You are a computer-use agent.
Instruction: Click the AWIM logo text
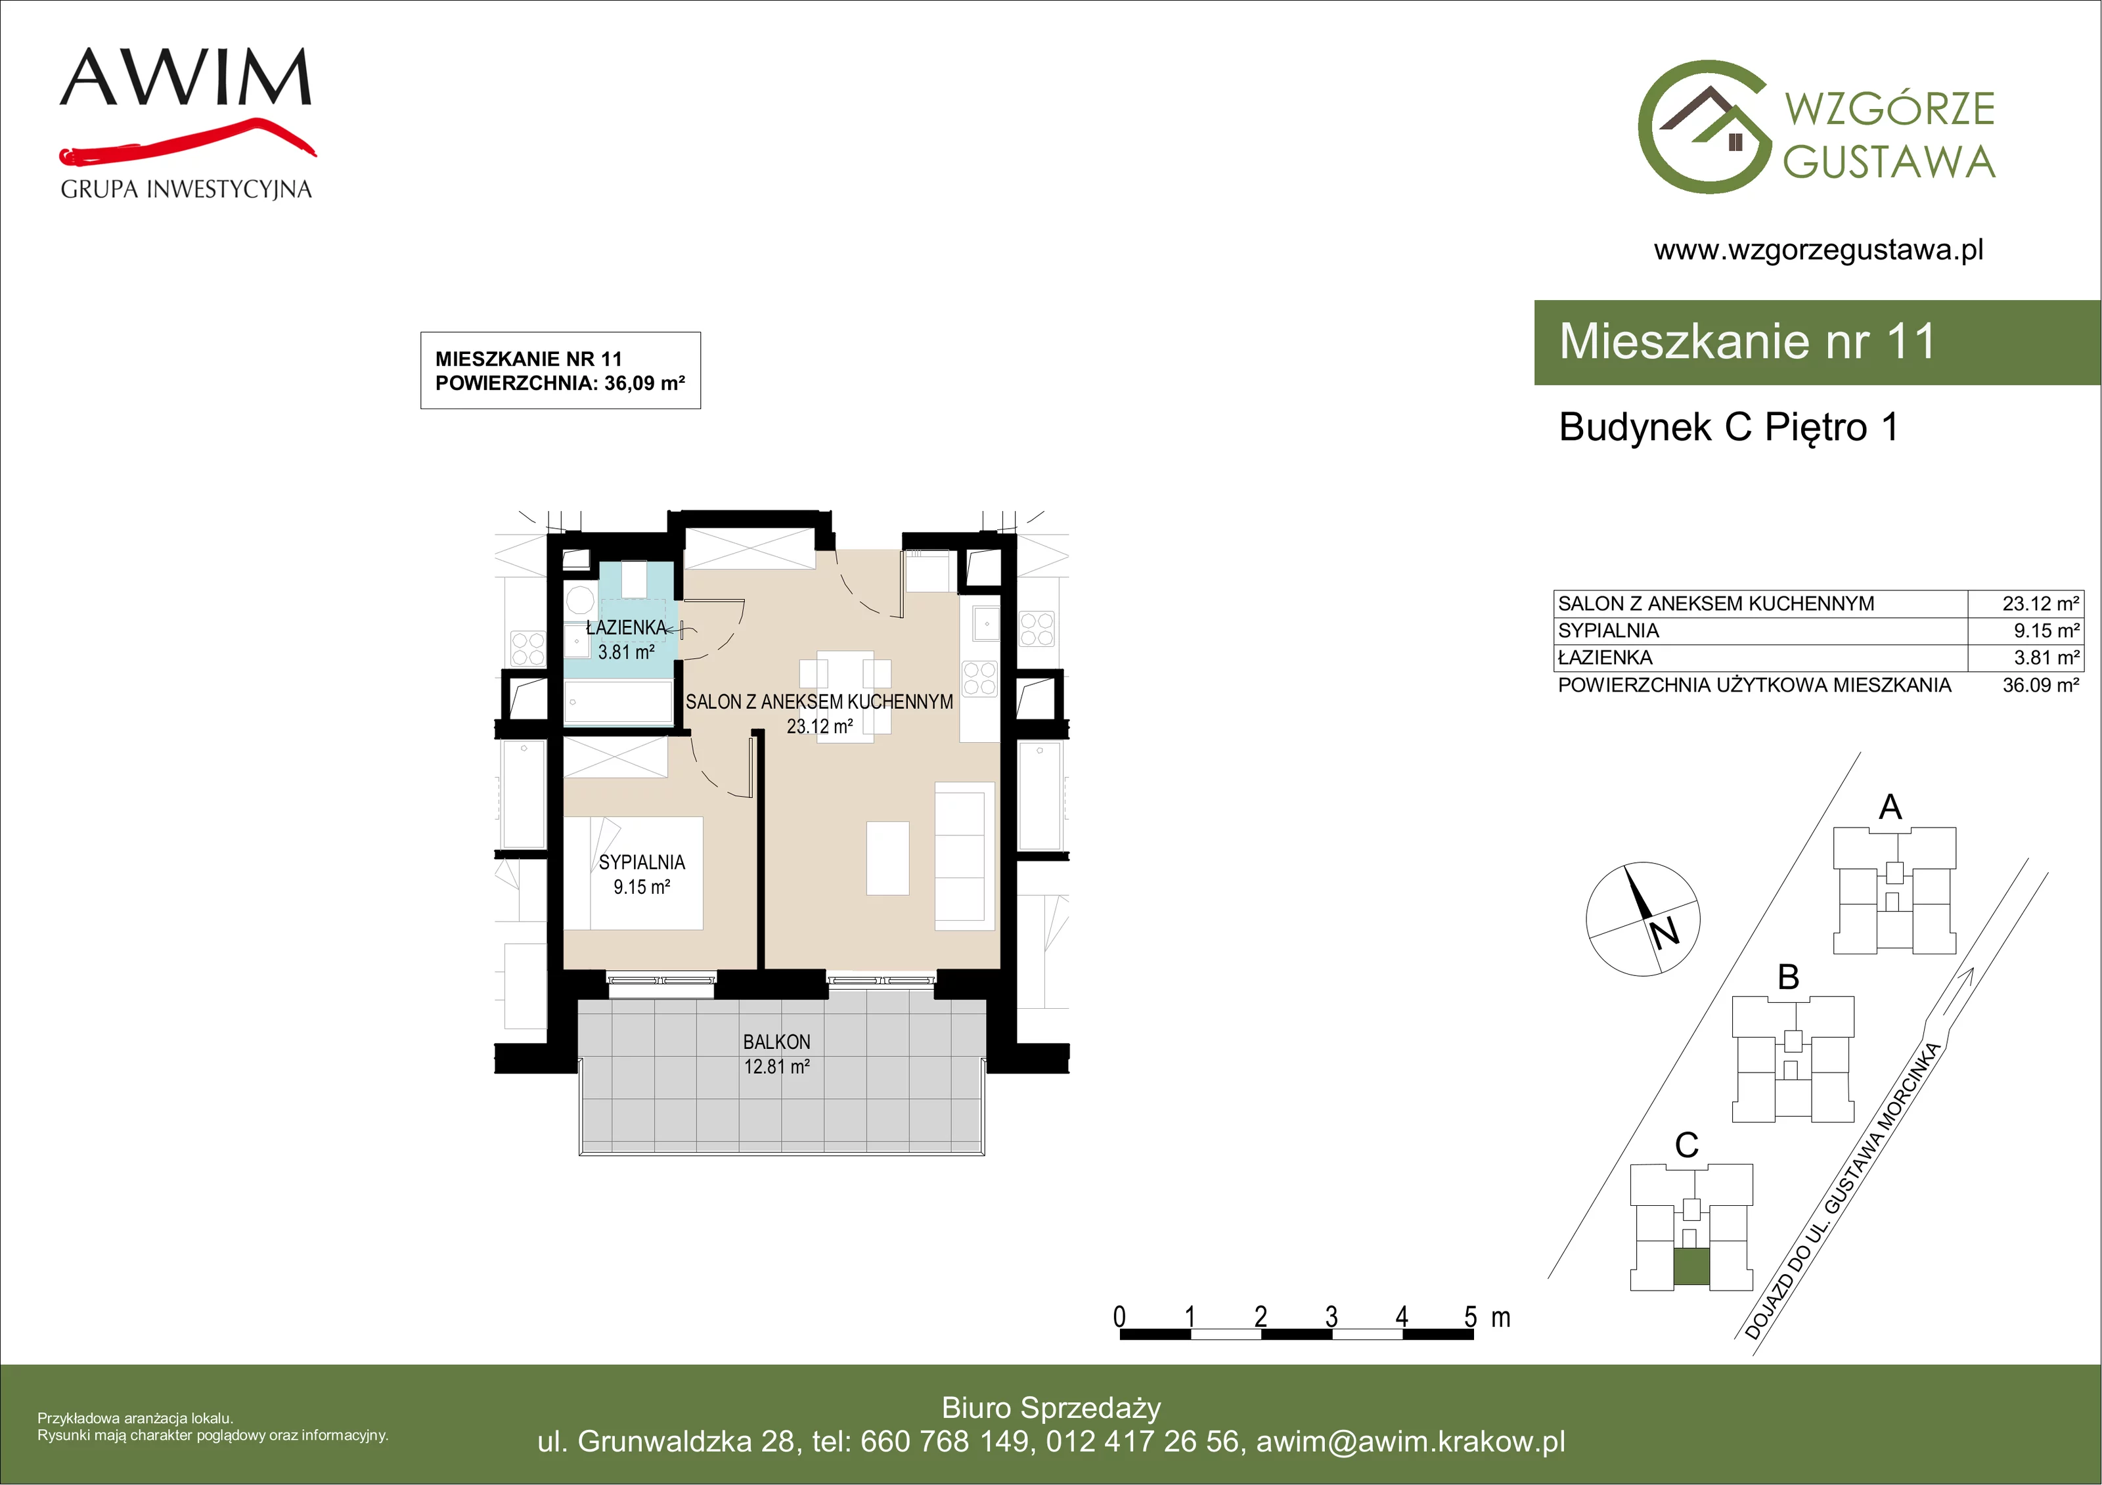(186, 77)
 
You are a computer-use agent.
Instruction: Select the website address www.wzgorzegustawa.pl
(1818, 250)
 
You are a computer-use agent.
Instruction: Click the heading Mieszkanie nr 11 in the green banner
(1747, 342)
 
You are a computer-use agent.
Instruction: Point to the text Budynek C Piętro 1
(1728, 428)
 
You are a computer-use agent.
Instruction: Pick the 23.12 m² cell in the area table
(2041, 604)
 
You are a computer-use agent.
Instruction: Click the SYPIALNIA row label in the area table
(1609, 631)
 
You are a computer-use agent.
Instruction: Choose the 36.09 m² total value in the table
(2041, 685)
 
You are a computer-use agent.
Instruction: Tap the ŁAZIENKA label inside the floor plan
(626, 628)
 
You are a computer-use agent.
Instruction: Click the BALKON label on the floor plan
(776, 1042)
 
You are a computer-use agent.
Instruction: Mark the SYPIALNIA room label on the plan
(642, 862)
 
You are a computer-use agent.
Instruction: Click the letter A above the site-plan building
(1890, 807)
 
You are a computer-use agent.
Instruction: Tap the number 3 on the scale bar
(1331, 1317)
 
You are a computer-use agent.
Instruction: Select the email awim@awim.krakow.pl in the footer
(1411, 1441)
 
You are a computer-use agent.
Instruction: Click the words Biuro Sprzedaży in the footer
(1051, 1407)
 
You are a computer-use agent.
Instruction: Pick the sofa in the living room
(965, 857)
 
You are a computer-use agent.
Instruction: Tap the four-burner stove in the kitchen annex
(979, 678)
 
